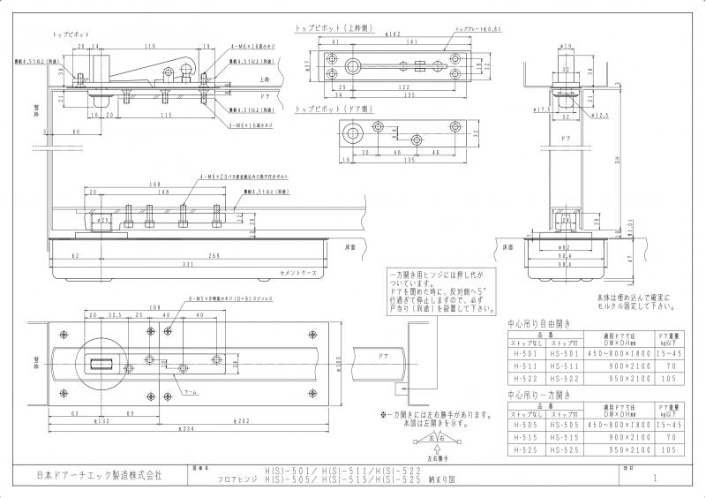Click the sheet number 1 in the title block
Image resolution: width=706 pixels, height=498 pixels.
pyautogui.click(x=656, y=478)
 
